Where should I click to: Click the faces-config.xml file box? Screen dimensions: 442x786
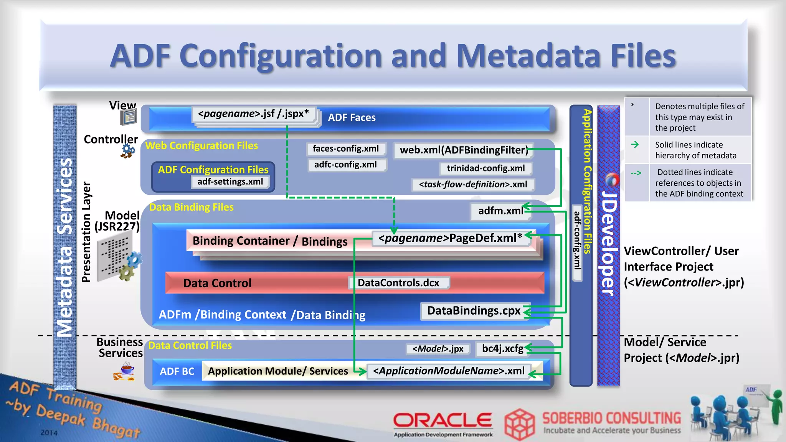(346, 149)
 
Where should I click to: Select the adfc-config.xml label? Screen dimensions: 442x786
(346, 165)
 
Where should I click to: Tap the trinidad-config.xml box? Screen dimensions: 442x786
(485, 168)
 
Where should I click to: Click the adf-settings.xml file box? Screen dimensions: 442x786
(230, 181)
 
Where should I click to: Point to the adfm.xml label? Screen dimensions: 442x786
(500, 211)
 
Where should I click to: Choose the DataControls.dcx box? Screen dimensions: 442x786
(398, 283)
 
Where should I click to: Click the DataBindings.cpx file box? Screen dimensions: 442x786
(474, 310)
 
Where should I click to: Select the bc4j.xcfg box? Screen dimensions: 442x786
(502, 348)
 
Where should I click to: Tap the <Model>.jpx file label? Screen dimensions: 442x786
(438, 349)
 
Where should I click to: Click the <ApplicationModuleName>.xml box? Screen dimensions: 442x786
(449, 371)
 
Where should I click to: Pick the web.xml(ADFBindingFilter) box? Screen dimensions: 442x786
(464, 150)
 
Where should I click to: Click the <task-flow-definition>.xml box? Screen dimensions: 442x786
(473, 184)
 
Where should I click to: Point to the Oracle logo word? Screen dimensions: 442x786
(443, 420)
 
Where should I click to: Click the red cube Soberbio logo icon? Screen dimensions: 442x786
(519, 424)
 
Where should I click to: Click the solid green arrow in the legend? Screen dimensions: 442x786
(635, 144)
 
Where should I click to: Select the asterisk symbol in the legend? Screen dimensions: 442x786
(633, 105)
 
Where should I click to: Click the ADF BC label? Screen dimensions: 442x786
(177, 371)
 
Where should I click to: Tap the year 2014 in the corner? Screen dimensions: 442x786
(49, 433)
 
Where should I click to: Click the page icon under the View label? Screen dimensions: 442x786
(129, 117)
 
